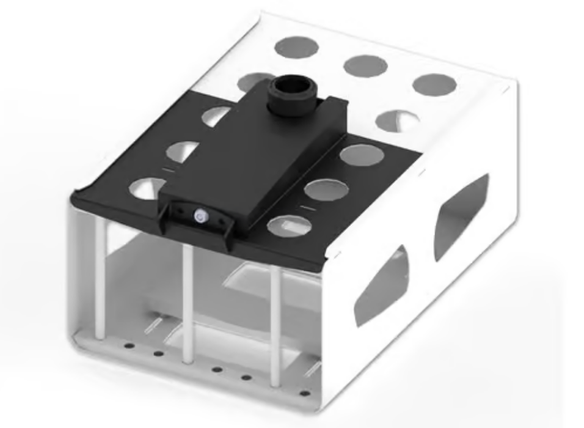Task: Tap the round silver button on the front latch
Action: point(199,215)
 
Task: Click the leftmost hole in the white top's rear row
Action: point(297,46)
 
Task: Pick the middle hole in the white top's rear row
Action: point(365,65)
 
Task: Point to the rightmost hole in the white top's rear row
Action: point(434,84)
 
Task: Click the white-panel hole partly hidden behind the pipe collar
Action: point(254,81)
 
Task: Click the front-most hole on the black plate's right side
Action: point(290,226)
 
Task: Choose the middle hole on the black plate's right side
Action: point(326,190)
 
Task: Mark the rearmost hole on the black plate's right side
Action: point(362,155)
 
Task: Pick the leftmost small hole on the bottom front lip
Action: point(130,345)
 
